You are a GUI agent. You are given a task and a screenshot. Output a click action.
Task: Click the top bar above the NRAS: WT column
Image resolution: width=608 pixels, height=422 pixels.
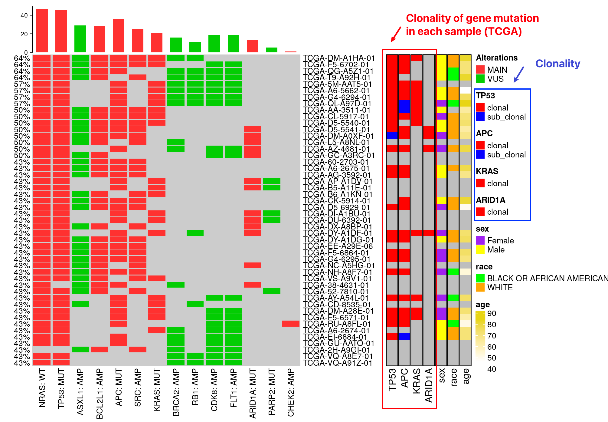[42, 30]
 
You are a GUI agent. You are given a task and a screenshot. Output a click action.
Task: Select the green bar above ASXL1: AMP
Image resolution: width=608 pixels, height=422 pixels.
[80, 39]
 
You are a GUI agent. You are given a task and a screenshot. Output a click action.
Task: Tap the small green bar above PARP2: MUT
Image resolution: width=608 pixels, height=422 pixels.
[272, 50]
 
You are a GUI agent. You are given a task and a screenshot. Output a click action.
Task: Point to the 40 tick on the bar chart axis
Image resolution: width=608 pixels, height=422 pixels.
[24, 15]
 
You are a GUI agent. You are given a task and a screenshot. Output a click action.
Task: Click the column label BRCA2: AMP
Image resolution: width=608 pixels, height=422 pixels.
[176, 392]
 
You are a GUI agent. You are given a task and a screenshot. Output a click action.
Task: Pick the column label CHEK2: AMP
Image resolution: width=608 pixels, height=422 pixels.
[291, 392]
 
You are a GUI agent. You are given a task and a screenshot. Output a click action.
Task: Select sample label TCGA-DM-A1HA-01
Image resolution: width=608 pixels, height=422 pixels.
[339, 58]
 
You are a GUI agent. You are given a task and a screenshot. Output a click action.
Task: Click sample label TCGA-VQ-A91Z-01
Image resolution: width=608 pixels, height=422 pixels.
[338, 363]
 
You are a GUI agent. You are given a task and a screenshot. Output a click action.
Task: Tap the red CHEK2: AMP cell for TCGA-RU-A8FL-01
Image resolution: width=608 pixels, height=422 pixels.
[291, 324]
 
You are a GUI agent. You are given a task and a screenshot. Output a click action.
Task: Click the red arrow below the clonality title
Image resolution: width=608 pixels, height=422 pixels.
[396, 34]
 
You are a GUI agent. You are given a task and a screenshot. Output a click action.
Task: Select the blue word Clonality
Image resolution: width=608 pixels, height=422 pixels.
[558, 64]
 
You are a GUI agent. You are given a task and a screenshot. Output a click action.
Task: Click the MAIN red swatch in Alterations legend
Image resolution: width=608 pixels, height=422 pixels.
[480, 70]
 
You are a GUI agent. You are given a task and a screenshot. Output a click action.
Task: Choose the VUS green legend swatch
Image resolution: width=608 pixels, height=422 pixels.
[480, 79]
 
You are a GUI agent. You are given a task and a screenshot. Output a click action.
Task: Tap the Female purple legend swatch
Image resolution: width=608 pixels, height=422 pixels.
[480, 240]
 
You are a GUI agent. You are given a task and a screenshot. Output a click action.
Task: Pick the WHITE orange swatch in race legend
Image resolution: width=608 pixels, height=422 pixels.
[480, 287]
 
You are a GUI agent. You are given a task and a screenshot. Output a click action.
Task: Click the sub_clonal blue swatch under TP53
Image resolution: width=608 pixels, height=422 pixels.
[480, 117]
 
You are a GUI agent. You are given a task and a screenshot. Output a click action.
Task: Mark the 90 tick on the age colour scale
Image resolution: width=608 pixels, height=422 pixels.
[492, 313]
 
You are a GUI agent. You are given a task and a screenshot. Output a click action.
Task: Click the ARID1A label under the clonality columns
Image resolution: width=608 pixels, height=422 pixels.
[429, 385]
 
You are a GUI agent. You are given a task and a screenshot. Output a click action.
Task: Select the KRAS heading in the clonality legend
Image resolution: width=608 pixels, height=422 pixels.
[487, 171]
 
